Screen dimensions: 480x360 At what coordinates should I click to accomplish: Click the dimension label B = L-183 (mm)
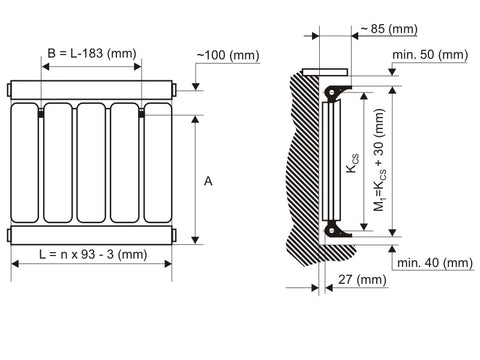tap(92, 54)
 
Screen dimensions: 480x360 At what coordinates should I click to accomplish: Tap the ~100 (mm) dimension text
tap(228, 55)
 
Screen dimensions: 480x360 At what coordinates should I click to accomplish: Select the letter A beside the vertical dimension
tap(208, 182)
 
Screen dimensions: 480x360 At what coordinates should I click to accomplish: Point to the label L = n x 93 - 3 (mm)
tap(93, 255)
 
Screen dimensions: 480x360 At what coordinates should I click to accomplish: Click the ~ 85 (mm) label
tap(389, 29)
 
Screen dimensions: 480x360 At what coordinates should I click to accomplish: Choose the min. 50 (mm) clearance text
tap(430, 55)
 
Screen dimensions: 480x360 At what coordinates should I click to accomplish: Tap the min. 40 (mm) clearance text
tap(435, 263)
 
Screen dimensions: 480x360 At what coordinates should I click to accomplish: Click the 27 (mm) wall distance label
tap(362, 280)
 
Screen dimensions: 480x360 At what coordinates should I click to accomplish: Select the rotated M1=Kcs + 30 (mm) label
tap(380, 160)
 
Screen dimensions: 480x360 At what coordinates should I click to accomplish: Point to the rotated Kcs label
tap(353, 163)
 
